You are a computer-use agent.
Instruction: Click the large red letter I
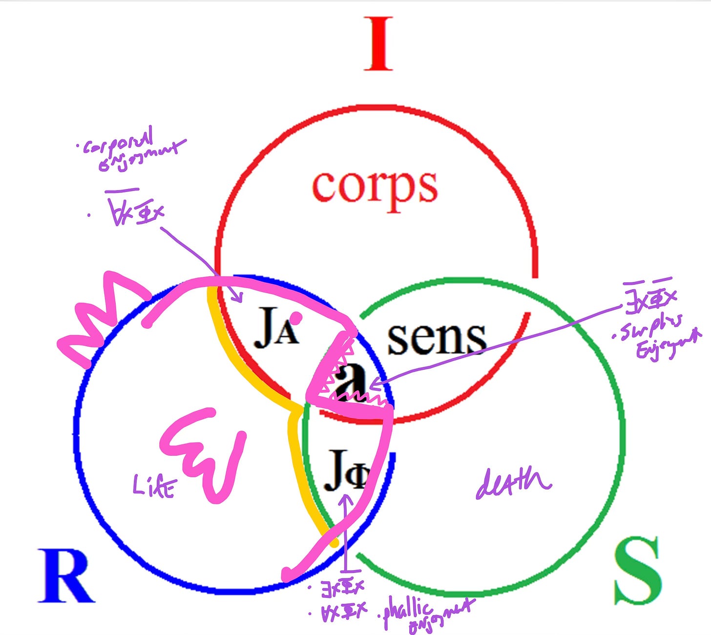[378, 44]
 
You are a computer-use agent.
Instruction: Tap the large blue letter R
[66, 576]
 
